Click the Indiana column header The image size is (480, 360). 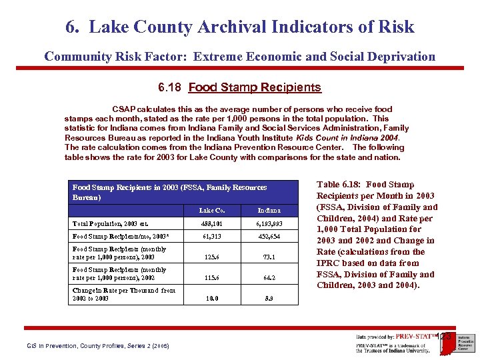click(x=270, y=211)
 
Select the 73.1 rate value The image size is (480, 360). click(x=270, y=256)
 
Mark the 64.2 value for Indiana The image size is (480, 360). click(x=270, y=277)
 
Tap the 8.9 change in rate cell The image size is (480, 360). click(x=270, y=299)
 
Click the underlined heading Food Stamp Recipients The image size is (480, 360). click(x=255, y=87)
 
